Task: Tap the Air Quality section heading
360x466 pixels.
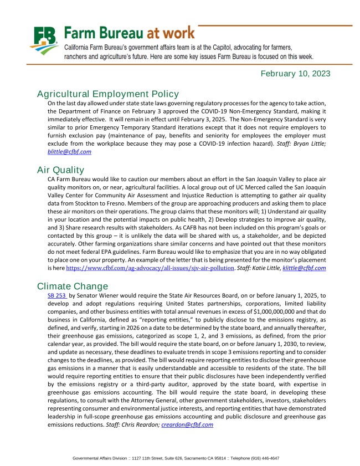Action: click(60, 170)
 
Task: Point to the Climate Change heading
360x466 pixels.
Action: click(73, 286)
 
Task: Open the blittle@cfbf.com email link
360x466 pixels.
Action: click(69, 151)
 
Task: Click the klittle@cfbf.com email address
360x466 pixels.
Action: click(304, 268)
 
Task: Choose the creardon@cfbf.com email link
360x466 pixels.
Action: click(187, 424)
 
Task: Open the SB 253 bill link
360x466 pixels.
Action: click(57, 296)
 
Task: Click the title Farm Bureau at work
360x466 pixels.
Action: click(130, 32)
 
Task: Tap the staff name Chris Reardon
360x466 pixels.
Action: click(141, 424)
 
